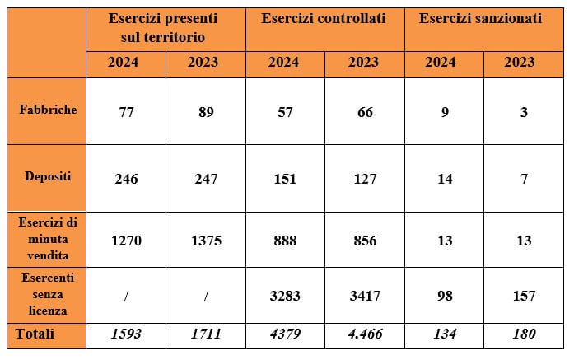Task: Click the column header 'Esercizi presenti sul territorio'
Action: point(166,27)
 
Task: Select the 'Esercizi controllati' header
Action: point(324,18)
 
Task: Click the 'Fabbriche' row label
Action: point(49,109)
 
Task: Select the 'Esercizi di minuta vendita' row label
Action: point(49,240)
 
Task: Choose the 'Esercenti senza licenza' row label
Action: point(49,295)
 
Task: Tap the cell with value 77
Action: point(126,112)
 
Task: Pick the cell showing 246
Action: point(126,179)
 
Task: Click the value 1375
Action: point(205,241)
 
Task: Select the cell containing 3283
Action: point(284,295)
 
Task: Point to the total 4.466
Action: point(365,334)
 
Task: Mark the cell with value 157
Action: point(524,295)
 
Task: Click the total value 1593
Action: point(126,334)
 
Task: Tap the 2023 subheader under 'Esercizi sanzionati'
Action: point(524,63)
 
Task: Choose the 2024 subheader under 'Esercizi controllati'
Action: point(284,63)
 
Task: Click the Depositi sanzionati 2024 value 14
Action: point(445,179)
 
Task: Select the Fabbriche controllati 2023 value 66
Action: point(365,112)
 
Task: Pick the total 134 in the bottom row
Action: point(445,334)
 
